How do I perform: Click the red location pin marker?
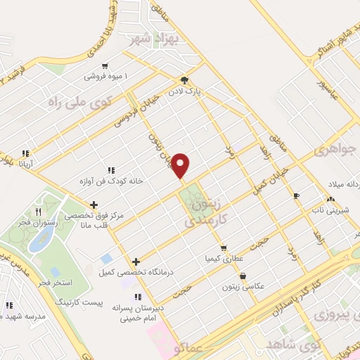(x=181, y=166)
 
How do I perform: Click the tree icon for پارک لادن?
(x=184, y=80)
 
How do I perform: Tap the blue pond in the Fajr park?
(x=37, y=239)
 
